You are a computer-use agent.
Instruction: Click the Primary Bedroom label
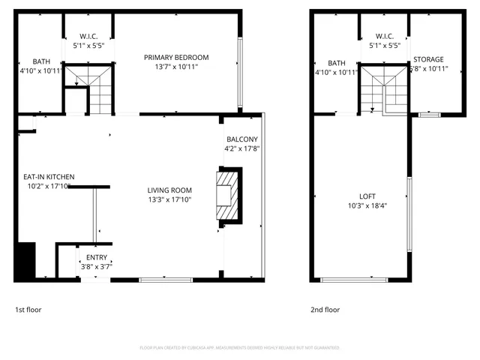[x=176, y=58]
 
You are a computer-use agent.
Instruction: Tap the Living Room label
[x=169, y=190]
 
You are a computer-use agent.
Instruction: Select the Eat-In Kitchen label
[x=48, y=177]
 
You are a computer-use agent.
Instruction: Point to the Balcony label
[x=241, y=139]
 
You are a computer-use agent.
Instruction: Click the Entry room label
[x=96, y=258]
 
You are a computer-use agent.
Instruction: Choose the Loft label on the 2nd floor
[x=361, y=196]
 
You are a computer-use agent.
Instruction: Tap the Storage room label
[x=428, y=59]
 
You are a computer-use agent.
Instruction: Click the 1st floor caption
[x=28, y=309]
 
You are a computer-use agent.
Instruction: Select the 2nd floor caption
[x=325, y=309]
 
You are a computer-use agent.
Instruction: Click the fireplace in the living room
[x=228, y=197]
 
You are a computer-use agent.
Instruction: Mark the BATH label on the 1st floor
[x=40, y=61]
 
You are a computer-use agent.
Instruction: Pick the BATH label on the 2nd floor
[x=337, y=63]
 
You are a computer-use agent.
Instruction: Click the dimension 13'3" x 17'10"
[x=169, y=200]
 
